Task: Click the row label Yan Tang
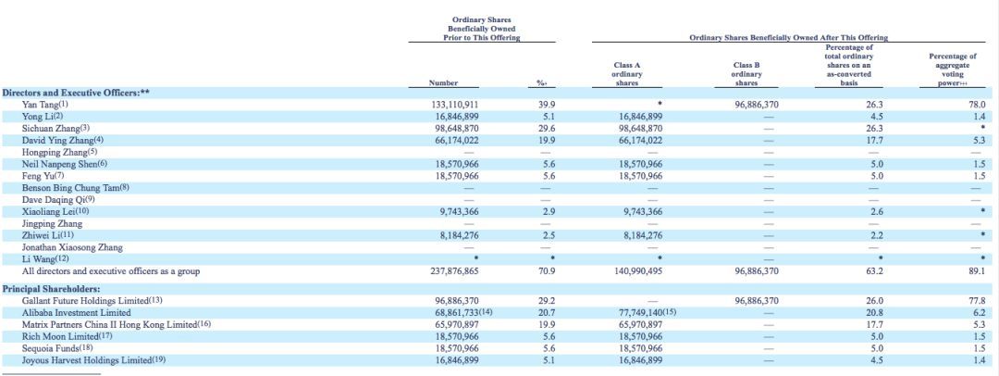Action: point(40,105)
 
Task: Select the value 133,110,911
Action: point(454,105)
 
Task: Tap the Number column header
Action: point(443,83)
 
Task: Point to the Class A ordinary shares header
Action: point(627,74)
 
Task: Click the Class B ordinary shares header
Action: point(746,74)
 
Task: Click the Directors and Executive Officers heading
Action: point(75,93)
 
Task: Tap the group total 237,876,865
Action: point(454,271)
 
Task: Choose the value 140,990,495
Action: point(641,271)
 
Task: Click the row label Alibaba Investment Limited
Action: point(76,313)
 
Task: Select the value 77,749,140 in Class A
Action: point(641,313)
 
